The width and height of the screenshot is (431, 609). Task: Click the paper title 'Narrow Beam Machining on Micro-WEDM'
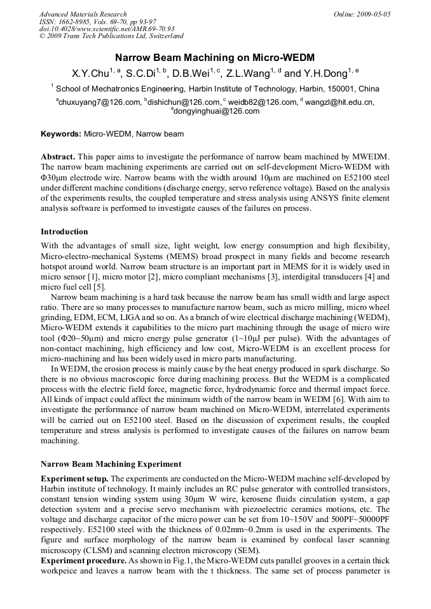point(215,58)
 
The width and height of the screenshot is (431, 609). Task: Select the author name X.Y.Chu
point(89,74)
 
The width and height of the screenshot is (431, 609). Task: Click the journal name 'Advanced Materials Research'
point(83,14)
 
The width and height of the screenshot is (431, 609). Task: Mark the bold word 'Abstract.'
point(58,156)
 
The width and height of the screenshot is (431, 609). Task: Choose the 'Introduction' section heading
point(64,231)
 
